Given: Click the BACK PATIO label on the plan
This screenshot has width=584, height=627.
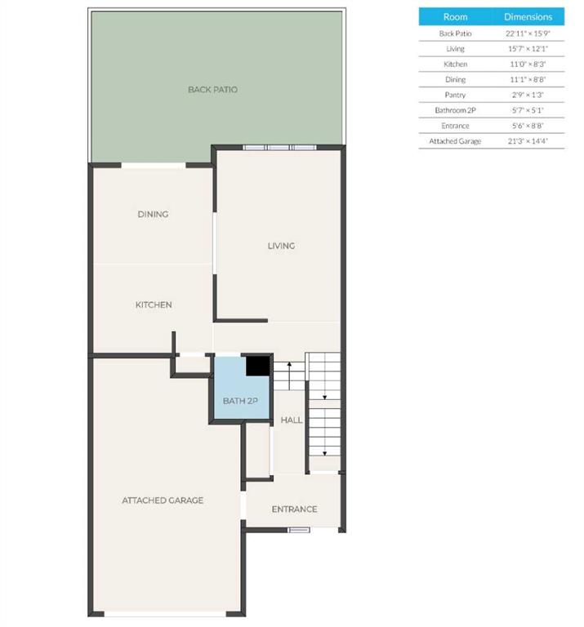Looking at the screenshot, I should click(x=212, y=90).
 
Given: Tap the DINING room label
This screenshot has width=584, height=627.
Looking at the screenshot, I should click(x=153, y=215).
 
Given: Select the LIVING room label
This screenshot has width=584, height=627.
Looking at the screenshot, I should click(x=281, y=246).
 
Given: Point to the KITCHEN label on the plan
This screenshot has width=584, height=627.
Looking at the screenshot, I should click(x=154, y=305).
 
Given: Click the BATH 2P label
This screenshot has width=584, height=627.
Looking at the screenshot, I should click(x=240, y=401).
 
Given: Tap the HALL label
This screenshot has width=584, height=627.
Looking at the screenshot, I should click(x=292, y=420).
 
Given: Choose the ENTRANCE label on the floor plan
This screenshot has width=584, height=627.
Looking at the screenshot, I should click(x=294, y=509).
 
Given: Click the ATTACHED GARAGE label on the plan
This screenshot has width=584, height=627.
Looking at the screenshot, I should click(x=163, y=500).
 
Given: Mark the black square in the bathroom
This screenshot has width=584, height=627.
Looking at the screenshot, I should click(x=258, y=366).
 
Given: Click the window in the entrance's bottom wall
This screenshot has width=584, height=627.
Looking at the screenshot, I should click(x=300, y=530).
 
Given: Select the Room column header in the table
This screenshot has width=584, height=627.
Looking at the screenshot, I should click(x=455, y=17).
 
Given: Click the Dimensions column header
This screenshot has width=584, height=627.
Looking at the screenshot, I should click(x=528, y=17).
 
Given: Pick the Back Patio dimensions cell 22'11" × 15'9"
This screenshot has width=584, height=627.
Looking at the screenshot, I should click(x=528, y=33).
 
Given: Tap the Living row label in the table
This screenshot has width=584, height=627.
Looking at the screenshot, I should click(x=455, y=49).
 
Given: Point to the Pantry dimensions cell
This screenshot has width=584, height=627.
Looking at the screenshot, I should click(x=528, y=95).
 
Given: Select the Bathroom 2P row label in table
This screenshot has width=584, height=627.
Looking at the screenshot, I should click(x=455, y=110).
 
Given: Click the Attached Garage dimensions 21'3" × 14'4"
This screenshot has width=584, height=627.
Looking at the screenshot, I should click(x=528, y=141).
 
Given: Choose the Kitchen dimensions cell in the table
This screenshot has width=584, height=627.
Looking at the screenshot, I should click(x=528, y=64).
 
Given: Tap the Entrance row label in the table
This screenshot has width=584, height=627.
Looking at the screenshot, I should click(x=455, y=126).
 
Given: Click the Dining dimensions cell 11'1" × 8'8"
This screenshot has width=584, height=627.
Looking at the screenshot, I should click(x=528, y=80).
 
